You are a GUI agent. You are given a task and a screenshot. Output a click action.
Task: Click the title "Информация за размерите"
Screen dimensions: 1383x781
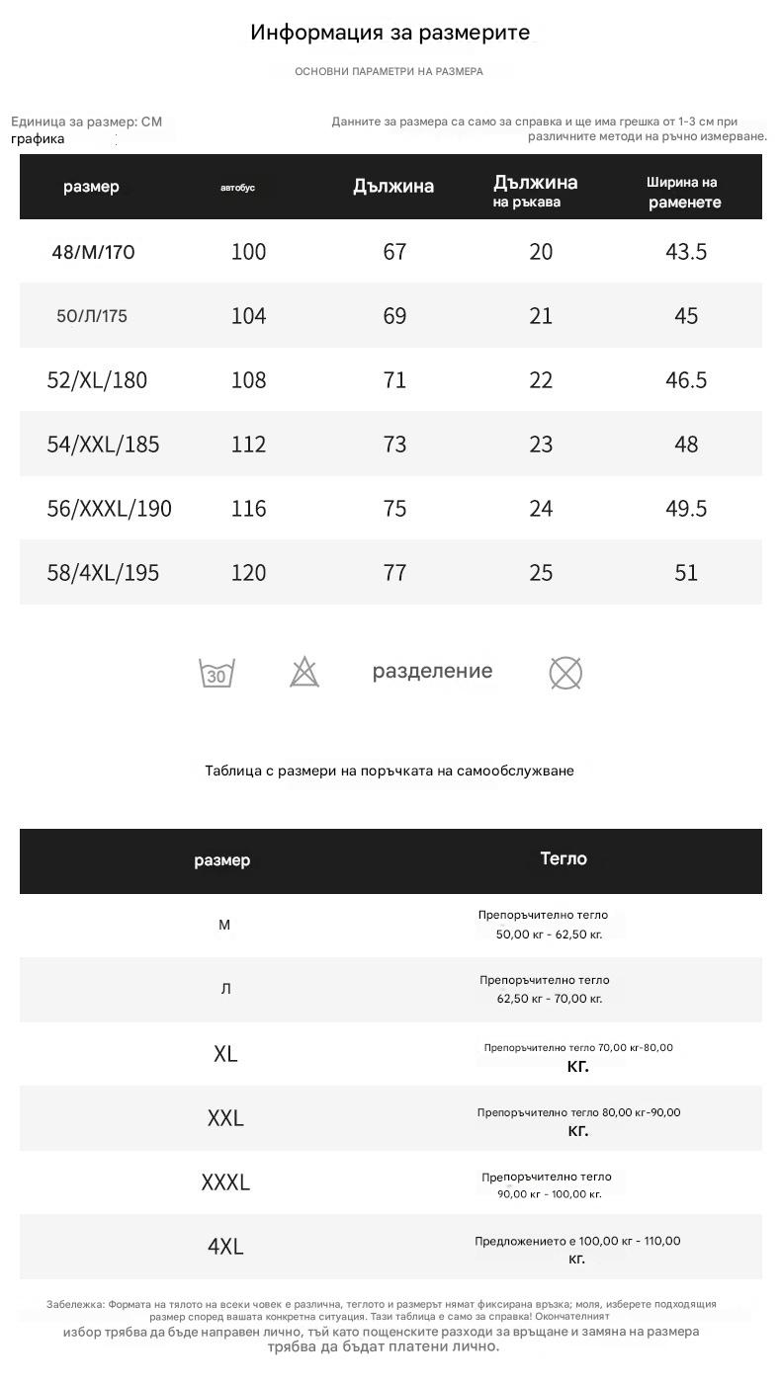point(390,33)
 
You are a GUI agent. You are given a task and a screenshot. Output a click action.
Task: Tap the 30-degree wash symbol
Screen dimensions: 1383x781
point(217,673)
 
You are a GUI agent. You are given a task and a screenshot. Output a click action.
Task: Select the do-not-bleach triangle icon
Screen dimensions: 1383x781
point(304,673)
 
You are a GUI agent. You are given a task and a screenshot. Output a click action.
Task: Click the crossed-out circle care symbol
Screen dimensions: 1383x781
point(565,674)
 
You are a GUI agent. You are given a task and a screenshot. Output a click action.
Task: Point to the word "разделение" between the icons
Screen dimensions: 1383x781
point(432,672)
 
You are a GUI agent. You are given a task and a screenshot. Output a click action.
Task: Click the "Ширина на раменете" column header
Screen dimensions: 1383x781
point(684,192)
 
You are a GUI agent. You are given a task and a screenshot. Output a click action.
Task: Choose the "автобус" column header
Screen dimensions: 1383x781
point(237,188)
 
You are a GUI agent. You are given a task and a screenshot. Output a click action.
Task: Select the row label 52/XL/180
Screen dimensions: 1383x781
point(97,380)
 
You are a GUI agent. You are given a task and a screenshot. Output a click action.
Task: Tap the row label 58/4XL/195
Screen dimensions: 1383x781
point(103,573)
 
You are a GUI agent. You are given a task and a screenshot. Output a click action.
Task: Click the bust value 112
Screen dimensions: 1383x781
point(248,445)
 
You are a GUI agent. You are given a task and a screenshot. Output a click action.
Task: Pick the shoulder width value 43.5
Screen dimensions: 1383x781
point(686,252)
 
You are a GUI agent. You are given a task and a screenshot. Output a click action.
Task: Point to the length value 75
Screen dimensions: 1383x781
point(394,509)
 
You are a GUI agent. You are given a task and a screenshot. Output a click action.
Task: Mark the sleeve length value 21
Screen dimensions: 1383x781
point(541,316)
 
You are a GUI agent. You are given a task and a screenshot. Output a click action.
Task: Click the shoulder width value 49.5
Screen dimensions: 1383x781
point(686,509)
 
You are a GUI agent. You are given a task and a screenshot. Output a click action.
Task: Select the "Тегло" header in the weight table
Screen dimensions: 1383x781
point(564,858)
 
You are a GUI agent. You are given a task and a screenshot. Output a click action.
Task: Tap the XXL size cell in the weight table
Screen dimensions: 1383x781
point(225,1118)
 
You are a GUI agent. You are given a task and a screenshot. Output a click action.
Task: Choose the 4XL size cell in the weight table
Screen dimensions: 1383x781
point(225,1247)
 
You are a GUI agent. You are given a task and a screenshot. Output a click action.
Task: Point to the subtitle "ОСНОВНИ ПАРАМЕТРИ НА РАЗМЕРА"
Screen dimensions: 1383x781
point(389,71)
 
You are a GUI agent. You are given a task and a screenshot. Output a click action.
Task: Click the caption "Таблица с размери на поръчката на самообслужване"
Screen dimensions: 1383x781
point(390,771)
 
